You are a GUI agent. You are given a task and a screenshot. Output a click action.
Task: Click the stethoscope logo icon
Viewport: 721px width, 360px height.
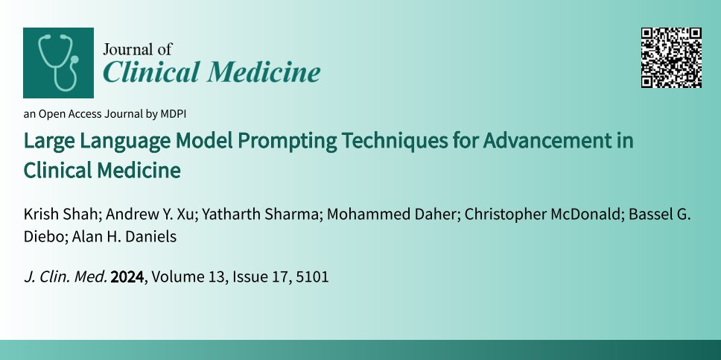[58, 63]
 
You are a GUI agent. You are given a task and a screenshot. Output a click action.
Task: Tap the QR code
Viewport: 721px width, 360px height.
[671, 57]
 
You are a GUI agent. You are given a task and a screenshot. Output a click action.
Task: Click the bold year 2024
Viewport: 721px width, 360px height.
[127, 278]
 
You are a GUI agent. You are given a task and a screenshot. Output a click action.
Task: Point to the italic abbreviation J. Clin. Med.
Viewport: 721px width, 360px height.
[66, 278]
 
